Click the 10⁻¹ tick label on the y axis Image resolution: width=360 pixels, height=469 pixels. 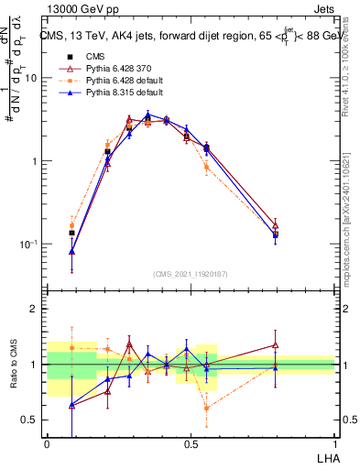[x=28, y=245]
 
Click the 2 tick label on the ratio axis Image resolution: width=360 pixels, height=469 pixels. [x=34, y=310]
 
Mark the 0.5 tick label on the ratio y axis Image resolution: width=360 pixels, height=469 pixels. [x=30, y=420]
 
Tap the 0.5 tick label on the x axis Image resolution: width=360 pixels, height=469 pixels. [x=191, y=443]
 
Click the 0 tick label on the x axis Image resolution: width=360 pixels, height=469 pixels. [x=47, y=443]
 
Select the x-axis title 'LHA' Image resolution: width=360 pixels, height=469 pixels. [x=323, y=457]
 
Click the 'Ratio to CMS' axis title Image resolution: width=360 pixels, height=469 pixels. [x=14, y=365]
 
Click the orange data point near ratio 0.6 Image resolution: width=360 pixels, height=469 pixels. [x=207, y=408]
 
